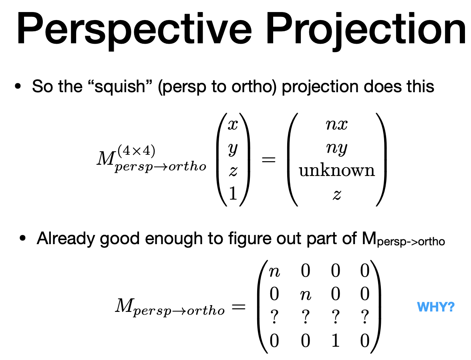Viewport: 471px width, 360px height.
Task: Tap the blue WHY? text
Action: [x=435, y=307]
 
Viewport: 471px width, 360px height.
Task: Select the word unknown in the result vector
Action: [x=337, y=171]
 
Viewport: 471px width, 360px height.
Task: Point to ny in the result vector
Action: [x=337, y=148]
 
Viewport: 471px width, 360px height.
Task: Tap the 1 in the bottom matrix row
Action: [x=335, y=341]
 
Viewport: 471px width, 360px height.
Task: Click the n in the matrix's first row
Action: [x=274, y=271]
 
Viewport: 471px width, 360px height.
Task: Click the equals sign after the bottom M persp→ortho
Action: [x=238, y=307]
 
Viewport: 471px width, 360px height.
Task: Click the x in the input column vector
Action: [x=233, y=125]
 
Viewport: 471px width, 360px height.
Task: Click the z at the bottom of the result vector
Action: [x=337, y=194]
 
